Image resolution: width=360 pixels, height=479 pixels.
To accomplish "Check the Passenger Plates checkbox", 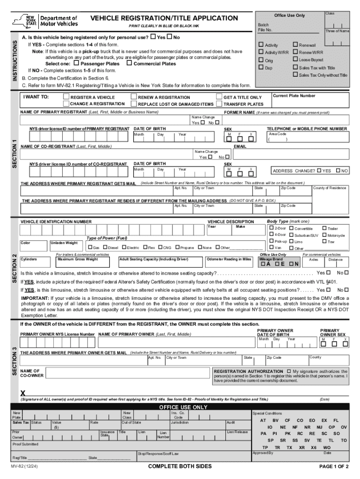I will point(76,63).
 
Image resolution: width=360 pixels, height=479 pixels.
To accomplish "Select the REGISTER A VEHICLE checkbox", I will point(66,97).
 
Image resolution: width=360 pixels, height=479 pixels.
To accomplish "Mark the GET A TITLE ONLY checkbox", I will point(219,97).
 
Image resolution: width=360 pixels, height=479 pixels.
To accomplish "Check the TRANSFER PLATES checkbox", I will point(219,104).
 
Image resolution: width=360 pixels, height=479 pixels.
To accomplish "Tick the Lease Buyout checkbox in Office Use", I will point(295,60).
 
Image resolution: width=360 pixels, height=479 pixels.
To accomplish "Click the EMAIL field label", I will point(240,146).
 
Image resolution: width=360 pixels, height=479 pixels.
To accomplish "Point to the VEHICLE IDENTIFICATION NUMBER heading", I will point(56,221).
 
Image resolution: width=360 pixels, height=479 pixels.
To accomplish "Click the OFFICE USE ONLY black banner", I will point(183,407).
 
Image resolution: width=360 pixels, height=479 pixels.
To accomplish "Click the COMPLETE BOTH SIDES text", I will point(180,466).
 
